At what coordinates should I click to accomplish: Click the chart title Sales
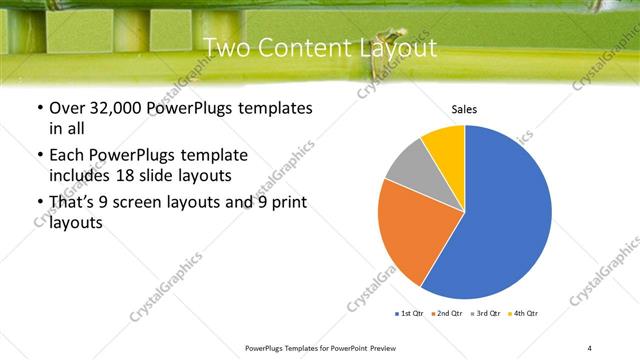(x=463, y=108)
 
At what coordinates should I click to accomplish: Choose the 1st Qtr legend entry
(x=410, y=314)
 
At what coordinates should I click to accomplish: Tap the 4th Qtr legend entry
(x=526, y=314)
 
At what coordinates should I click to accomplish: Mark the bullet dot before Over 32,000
(x=38, y=108)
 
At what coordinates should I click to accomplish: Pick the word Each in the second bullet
(x=67, y=156)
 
